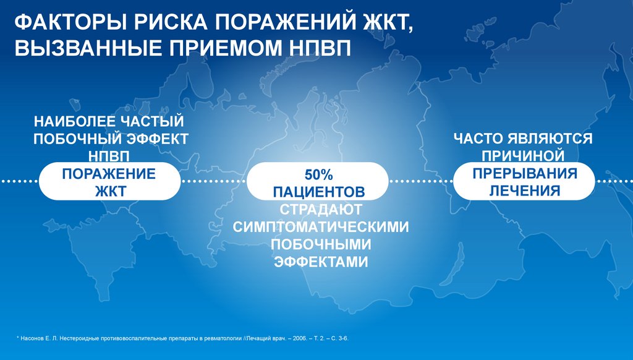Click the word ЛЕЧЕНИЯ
(525, 191)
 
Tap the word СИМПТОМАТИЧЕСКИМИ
(321, 226)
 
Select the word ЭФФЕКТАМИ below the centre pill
(321, 262)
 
